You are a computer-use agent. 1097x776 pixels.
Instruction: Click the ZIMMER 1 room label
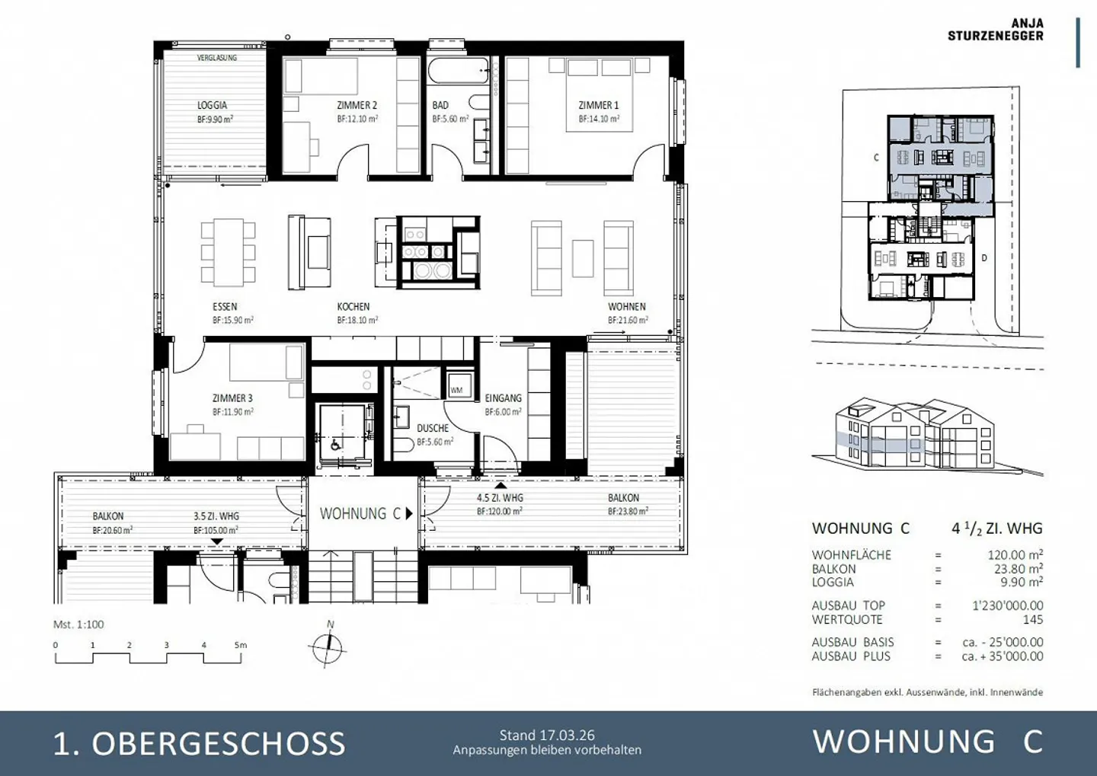(x=599, y=106)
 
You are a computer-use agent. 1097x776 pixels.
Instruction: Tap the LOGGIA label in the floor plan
(x=213, y=106)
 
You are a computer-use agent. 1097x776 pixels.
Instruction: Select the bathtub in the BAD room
(x=458, y=72)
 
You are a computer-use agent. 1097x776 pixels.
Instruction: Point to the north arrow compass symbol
(x=328, y=649)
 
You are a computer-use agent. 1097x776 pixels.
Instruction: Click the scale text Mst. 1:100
(x=78, y=624)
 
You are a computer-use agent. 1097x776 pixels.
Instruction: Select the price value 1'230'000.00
(x=1007, y=605)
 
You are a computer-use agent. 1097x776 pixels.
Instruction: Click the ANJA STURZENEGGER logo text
(x=995, y=30)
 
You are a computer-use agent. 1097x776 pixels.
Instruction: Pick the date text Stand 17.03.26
(x=547, y=735)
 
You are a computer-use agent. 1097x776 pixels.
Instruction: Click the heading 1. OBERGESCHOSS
(x=199, y=743)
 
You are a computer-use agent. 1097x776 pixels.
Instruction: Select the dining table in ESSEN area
(x=228, y=252)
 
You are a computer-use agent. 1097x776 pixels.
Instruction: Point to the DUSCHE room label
(x=433, y=428)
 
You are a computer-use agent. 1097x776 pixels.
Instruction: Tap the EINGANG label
(x=503, y=398)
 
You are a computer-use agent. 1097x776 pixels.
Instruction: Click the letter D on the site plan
(x=984, y=258)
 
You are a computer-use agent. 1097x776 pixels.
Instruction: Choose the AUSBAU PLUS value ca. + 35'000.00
(x=1002, y=656)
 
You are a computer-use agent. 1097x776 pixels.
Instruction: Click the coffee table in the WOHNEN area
(x=583, y=258)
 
